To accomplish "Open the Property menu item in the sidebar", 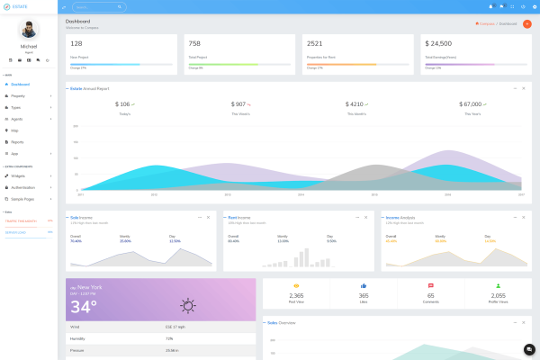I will click(18, 95).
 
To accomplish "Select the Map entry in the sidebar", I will click(14, 130).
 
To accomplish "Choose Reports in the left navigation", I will click(17, 142).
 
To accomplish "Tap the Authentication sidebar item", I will click(23, 186).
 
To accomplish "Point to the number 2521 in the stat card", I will click(314, 43).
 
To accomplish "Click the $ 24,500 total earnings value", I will click(439, 43).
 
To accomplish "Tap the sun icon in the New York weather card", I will click(187, 305).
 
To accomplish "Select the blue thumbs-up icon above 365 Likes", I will click(364, 285).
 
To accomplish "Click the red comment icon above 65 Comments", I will click(431, 285).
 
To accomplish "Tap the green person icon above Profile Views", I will click(498, 285).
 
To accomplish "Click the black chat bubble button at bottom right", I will click(529, 349).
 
